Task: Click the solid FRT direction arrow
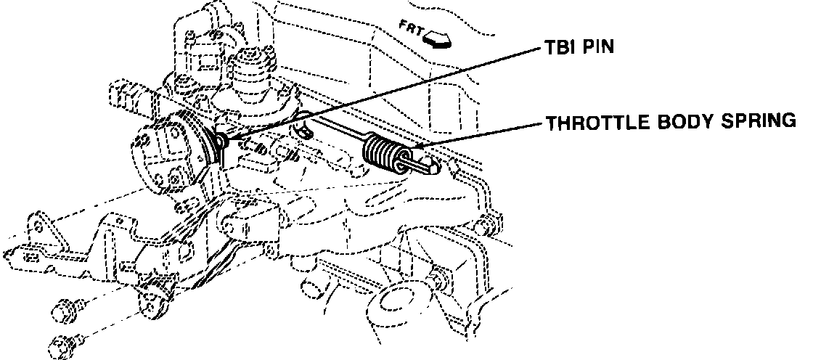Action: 438,38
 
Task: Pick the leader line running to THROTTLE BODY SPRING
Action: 479,136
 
